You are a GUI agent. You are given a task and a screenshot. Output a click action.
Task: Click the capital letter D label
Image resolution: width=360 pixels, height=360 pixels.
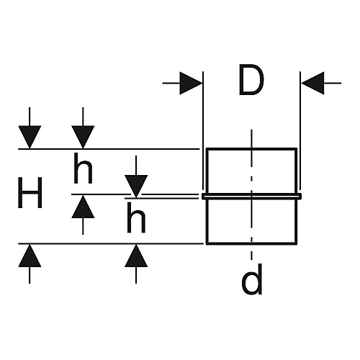click(x=251, y=80)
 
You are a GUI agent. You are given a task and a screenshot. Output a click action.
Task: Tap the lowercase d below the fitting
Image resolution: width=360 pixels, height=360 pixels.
click(x=252, y=279)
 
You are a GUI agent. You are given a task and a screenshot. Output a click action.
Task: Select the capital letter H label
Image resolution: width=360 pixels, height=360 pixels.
click(x=30, y=193)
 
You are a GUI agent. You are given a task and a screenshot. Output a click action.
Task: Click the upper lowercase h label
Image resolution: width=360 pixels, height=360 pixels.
click(x=83, y=168)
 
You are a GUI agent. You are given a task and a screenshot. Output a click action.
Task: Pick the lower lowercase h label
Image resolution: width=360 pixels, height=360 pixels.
click(x=136, y=217)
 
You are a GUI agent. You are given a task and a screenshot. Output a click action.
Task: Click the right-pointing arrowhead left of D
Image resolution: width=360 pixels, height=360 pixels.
click(x=191, y=83)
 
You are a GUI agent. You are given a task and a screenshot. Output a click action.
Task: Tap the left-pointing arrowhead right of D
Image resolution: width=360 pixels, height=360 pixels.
click(x=312, y=83)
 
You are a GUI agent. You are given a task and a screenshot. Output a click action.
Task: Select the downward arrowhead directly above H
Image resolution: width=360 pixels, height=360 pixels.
click(x=30, y=137)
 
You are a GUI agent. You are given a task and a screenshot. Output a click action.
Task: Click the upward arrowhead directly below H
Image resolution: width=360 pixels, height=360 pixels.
click(x=30, y=256)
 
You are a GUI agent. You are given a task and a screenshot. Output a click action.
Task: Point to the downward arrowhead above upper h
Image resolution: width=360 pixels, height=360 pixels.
click(x=83, y=137)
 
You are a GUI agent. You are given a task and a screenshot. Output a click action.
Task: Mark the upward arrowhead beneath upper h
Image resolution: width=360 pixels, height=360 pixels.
click(x=83, y=207)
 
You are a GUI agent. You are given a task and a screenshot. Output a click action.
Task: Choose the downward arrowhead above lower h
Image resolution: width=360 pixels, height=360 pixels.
click(x=136, y=186)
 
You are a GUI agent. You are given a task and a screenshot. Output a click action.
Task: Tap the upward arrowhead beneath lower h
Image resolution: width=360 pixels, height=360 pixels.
click(x=136, y=256)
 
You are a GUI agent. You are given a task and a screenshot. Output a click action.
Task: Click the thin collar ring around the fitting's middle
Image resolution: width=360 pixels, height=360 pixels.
click(x=251, y=197)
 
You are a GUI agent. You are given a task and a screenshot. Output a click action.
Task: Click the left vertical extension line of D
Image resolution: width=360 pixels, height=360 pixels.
click(x=203, y=131)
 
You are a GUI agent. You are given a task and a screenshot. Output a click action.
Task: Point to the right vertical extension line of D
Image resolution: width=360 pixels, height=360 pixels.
click(x=300, y=131)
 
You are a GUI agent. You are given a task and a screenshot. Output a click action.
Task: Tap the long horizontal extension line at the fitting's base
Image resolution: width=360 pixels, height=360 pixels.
click(x=111, y=243)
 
